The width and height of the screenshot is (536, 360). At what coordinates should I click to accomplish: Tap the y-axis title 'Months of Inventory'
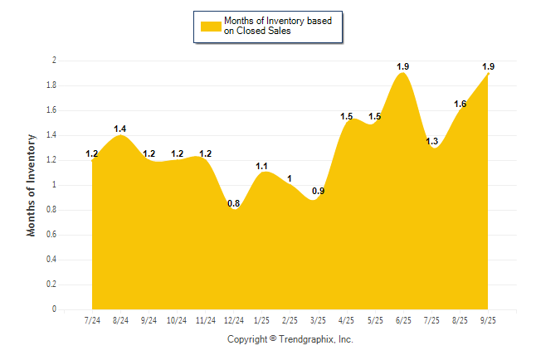pos(32,185)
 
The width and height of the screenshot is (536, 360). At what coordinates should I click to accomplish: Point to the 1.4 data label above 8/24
pos(120,129)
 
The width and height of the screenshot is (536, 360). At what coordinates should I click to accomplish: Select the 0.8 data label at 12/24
pos(234,203)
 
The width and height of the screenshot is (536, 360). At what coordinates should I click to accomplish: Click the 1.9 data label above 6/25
pos(403,66)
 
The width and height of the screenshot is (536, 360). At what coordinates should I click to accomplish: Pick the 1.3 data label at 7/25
pos(432,141)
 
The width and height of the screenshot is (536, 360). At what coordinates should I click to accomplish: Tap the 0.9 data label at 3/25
pos(318,192)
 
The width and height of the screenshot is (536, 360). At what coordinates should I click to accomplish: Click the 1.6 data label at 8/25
pos(460,104)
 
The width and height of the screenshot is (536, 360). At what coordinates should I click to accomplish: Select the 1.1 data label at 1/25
pos(262,166)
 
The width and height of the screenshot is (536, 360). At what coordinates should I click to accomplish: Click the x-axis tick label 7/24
pos(92,320)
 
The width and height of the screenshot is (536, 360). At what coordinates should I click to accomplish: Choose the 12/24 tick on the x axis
pos(234,320)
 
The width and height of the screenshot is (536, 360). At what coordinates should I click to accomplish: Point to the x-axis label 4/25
pos(347,320)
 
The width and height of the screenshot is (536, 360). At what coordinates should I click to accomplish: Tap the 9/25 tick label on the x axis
pos(488,320)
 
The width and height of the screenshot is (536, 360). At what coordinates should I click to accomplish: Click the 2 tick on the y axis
pos(54,61)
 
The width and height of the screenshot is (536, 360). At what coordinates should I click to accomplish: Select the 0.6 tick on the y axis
pos(51,235)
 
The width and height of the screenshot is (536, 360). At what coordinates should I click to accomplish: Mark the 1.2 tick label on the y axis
pos(51,160)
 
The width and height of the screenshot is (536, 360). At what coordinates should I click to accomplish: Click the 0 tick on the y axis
pos(54,309)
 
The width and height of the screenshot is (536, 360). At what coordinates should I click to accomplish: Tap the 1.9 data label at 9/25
pos(488,66)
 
